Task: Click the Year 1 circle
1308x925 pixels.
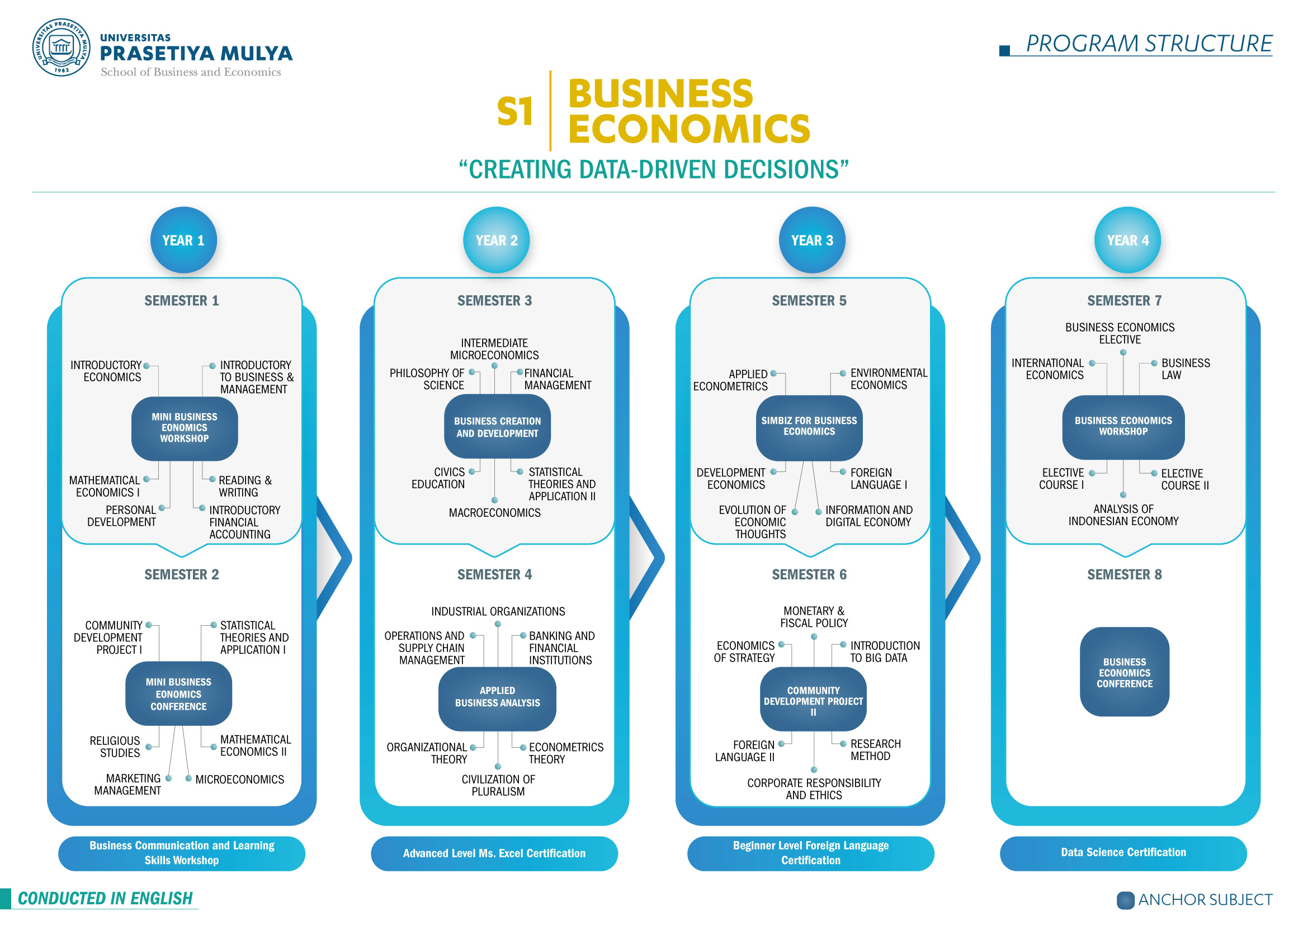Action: [183, 240]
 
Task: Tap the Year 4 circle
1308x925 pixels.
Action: [1127, 240]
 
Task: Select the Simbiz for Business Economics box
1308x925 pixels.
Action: [809, 427]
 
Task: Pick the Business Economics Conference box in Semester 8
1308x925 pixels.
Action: [1125, 672]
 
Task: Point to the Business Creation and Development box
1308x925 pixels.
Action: [497, 427]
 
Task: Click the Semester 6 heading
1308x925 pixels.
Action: [809, 574]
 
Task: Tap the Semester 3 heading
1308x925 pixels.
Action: [494, 300]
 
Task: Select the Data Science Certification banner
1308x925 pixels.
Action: [1123, 853]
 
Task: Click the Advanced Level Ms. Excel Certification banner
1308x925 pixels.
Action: [494, 853]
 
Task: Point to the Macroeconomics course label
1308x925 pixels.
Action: [494, 513]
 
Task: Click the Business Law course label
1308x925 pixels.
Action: [1185, 369]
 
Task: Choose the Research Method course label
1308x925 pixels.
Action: [875, 750]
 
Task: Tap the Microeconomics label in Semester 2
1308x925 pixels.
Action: [239, 779]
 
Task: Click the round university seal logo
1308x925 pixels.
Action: [62, 48]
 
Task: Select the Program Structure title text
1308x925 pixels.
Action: [1149, 44]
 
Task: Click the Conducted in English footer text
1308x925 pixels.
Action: [105, 898]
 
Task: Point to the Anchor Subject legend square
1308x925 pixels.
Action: [1125, 900]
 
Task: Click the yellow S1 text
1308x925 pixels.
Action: [515, 111]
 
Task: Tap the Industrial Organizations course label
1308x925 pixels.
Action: [498, 611]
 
